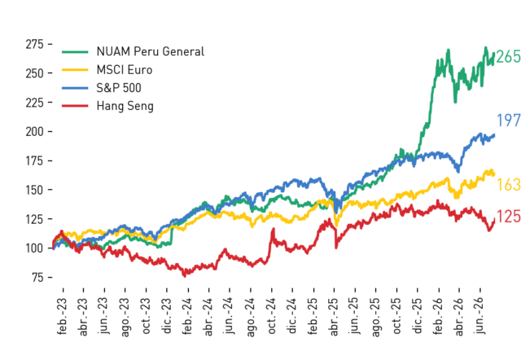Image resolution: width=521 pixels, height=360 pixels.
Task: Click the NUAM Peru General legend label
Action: coord(150,51)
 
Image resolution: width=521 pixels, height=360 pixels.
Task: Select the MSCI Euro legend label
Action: coord(125,70)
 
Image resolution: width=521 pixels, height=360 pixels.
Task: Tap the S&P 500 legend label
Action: coord(119,88)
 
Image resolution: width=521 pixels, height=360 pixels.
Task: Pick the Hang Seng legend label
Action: coord(125,106)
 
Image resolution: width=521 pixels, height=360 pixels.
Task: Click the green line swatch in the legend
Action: coord(75,52)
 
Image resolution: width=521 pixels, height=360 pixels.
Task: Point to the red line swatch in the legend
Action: coord(75,106)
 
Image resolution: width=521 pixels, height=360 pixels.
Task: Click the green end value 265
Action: coord(508,56)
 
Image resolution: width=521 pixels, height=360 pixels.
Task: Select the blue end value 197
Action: coord(508,120)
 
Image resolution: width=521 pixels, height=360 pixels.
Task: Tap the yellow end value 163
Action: coord(508,185)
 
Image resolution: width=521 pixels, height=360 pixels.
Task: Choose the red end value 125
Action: coord(508,217)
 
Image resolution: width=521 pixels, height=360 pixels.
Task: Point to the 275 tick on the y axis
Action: coord(35,44)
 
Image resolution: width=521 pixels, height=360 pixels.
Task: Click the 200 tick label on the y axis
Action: coord(35,132)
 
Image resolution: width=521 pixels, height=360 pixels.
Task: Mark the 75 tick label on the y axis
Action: coord(38,277)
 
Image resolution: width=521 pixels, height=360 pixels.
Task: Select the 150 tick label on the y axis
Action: coord(35,190)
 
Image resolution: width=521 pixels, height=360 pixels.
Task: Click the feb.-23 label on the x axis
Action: coord(62,316)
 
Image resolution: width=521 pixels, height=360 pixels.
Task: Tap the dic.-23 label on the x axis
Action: coord(166,316)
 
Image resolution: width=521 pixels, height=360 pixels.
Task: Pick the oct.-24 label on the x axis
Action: coord(271,316)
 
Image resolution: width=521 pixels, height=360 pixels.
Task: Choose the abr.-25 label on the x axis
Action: coord(334,317)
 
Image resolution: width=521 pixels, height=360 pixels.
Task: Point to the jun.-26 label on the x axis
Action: coord(479,316)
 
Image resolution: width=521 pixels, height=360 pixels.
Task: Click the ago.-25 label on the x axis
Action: coord(375,318)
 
